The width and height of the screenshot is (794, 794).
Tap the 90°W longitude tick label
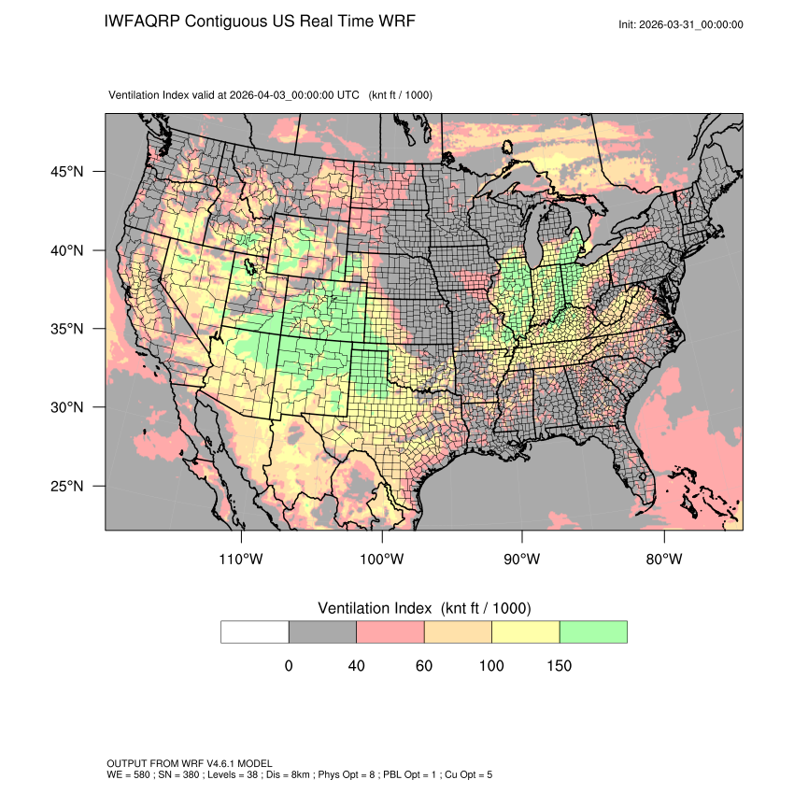522,560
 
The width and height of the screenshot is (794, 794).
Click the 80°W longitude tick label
663,560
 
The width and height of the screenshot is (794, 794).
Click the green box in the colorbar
593,631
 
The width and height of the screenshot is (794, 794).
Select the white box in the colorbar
255,631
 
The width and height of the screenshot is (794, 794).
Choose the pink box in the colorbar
390,631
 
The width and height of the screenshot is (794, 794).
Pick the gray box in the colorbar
322,631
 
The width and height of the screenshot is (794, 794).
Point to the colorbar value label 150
559,666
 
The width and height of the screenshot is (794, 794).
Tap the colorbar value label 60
424,666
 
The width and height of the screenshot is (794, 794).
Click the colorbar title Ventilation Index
376,608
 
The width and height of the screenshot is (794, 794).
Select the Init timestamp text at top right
681,24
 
